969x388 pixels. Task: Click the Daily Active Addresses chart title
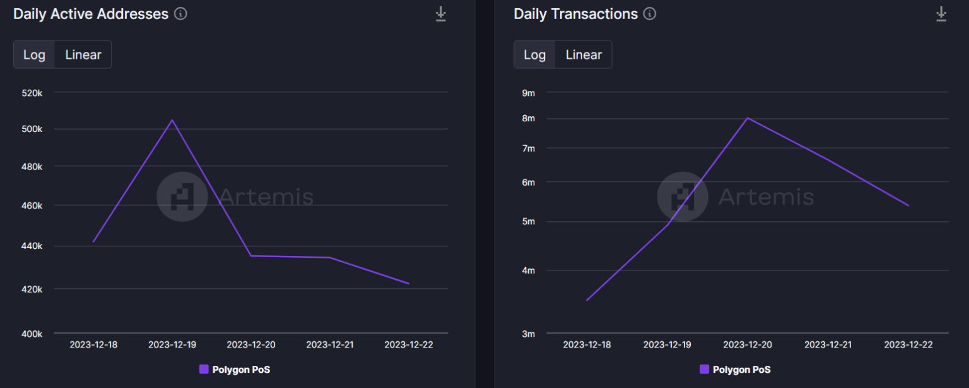pos(91,14)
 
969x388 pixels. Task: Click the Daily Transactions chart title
pos(575,14)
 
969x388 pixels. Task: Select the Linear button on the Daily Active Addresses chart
pos(83,54)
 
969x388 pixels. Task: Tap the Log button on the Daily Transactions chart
pos(534,54)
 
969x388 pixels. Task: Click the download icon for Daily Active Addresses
pos(441,14)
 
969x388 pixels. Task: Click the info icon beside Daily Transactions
pos(650,14)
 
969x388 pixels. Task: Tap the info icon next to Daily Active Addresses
pos(180,14)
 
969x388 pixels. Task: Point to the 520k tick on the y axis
pos(31,93)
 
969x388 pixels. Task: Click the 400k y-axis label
pos(31,334)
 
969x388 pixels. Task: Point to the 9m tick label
pos(527,93)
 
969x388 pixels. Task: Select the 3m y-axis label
pos(527,334)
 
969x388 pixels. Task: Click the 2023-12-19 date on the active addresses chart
pos(172,344)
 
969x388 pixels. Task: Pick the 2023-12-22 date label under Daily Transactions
pos(908,344)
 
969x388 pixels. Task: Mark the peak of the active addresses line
pos(172,120)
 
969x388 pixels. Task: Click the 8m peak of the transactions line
pos(748,118)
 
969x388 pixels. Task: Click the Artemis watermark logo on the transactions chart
pos(682,197)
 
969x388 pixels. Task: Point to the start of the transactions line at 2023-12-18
pos(587,300)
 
